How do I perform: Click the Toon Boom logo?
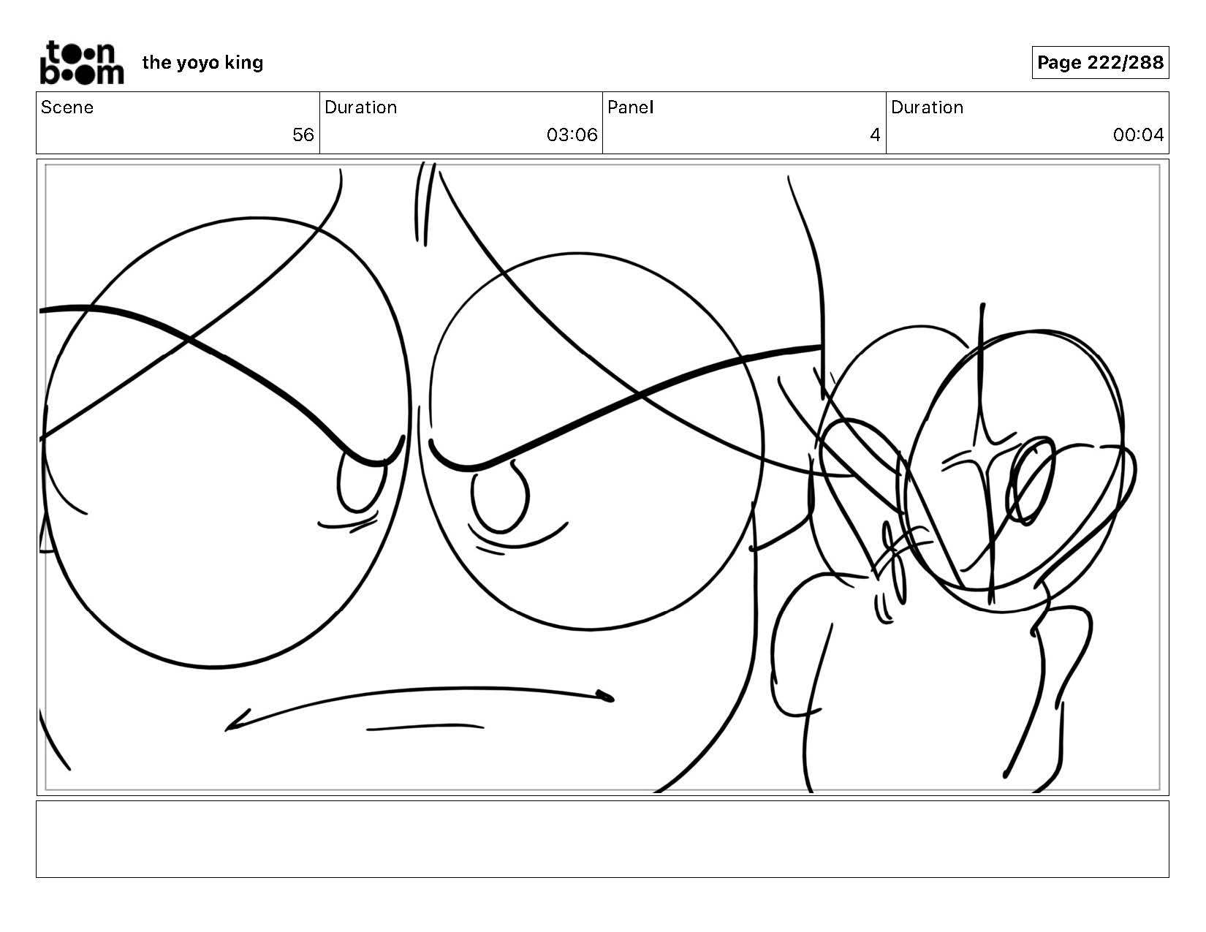coord(82,63)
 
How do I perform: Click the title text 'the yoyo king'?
coord(202,63)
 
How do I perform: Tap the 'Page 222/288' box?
coord(1100,62)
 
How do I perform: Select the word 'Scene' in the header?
coord(67,107)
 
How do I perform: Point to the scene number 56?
coord(303,135)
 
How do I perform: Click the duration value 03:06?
coord(572,135)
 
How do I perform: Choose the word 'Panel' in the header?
coord(631,107)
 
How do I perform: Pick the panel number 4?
coord(875,135)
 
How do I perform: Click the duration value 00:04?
coord(1138,135)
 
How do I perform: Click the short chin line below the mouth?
coord(425,727)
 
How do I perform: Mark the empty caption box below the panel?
coord(603,838)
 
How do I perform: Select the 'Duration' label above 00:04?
coord(927,107)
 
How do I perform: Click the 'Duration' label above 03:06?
coord(361,107)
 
